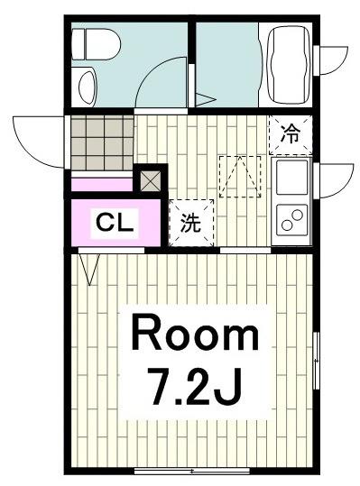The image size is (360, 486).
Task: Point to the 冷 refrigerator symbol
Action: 291,134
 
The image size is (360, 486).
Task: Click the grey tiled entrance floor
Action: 101,142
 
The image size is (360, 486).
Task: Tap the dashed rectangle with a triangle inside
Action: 240,177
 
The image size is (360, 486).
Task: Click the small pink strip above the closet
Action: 101,186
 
